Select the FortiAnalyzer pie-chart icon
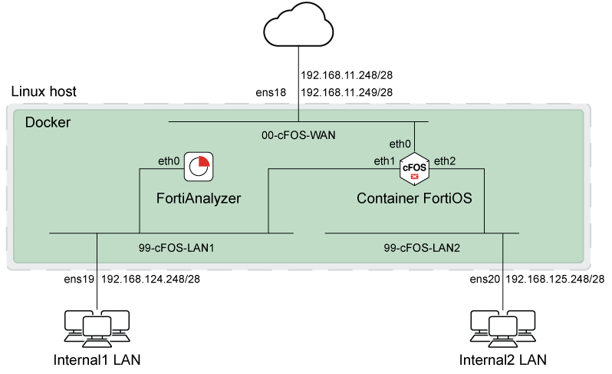tap(199, 167)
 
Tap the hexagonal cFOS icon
tap(414, 167)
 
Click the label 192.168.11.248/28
tap(347, 76)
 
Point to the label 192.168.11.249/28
tap(347, 92)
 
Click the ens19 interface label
tap(79, 277)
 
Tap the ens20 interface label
tap(485, 277)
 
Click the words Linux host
tap(44, 92)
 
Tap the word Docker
tap(48, 123)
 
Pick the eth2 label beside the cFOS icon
tap(445, 161)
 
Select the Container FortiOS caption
tap(414, 198)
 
